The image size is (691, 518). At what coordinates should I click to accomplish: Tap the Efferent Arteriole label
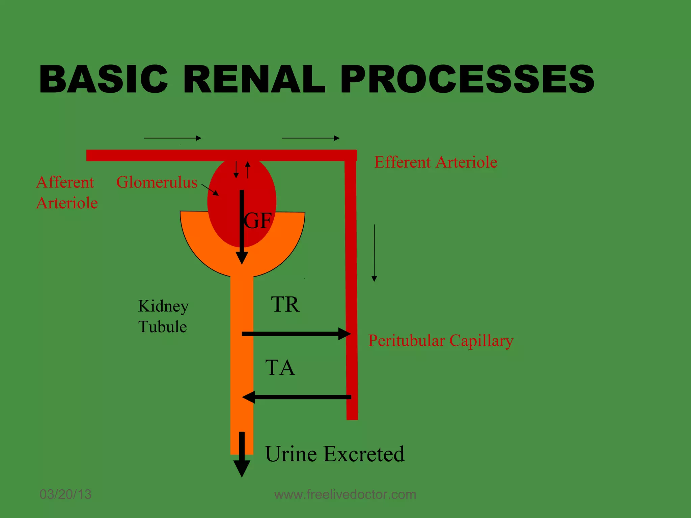[x=436, y=162]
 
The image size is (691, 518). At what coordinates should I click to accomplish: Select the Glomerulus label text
[x=157, y=182]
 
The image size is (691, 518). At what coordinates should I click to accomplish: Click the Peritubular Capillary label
[x=441, y=341]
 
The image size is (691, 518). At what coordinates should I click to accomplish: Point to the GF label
[x=257, y=221]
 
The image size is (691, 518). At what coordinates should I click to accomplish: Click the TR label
[x=285, y=305]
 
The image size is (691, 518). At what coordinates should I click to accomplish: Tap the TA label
[x=280, y=368]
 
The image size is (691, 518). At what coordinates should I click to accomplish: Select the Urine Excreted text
[x=335, y=454]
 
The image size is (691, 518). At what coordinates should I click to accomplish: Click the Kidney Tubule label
[x=163, y=316]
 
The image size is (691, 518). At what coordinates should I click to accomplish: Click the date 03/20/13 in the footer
[x=65, y=494]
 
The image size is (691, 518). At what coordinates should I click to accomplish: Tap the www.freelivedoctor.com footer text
[x=345, y=494]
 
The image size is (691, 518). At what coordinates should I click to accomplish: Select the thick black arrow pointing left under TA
[x=297, y=397]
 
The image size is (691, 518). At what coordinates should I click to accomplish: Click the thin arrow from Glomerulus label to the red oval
[x=210, y=190]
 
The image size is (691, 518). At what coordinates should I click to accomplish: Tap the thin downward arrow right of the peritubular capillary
[x=374, y=253]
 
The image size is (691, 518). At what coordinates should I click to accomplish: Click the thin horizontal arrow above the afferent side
[x=172, y=138]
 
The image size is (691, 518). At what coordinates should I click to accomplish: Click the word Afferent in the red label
[x=65, y=182]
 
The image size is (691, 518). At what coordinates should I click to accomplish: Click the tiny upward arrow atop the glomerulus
[x=248, y=169]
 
